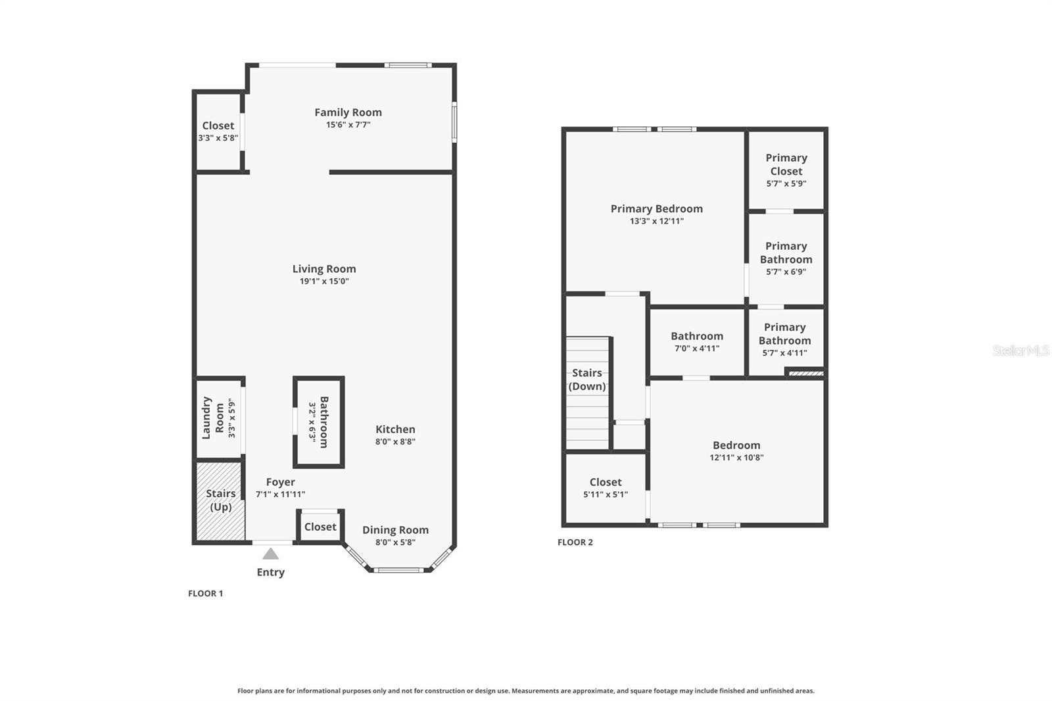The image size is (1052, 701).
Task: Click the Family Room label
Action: click(348, 112)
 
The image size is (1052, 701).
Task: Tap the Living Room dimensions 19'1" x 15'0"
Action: click(324, 281)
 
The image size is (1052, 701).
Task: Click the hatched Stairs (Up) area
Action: click(220, 501)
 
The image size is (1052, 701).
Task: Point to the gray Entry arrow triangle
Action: click(270, 554)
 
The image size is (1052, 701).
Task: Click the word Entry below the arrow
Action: click(270, 572)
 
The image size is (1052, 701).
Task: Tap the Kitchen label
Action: click(395, 429)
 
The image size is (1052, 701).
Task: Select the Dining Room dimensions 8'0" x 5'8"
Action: click(395, 543)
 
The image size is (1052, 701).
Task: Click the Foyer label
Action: click(280, 482)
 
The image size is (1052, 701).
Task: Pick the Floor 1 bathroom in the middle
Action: click(319, 422)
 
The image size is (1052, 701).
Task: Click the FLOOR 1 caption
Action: click(205, 593)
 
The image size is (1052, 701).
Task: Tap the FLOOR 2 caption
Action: click(575, 542)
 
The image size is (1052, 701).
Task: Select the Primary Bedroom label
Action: click(656, 208)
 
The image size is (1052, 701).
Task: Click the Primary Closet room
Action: click(786, 170)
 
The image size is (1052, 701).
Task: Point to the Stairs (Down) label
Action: click(587, 379)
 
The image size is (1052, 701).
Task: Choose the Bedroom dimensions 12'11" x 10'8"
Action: click(736, 458)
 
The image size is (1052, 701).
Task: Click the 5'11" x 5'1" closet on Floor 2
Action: click(605, 488)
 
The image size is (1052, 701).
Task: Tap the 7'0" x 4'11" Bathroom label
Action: click(697, 336)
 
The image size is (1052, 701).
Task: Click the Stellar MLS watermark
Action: click(1020, 350)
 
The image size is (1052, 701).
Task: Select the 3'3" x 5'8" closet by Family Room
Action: click(218, 132)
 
